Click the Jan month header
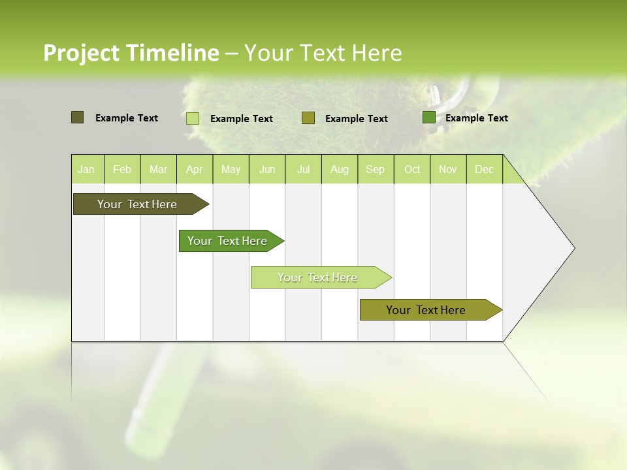(86, 170)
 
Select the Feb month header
(122, 170)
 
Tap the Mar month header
(158, 170)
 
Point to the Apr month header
(194, 170)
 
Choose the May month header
(231, 170)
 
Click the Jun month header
(267, 170)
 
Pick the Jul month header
(303, 170)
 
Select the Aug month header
(340, 170)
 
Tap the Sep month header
(375, 170)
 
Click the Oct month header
(412, 170)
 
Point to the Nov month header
(448, 170)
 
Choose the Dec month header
(484, 170)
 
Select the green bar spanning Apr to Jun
(227, 241)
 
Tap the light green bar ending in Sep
(317, 277)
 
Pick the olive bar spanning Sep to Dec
(426, 310)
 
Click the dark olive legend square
(77, 117)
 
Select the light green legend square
(193, 118)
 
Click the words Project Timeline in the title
(131, 53)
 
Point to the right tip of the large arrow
(573, 248)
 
